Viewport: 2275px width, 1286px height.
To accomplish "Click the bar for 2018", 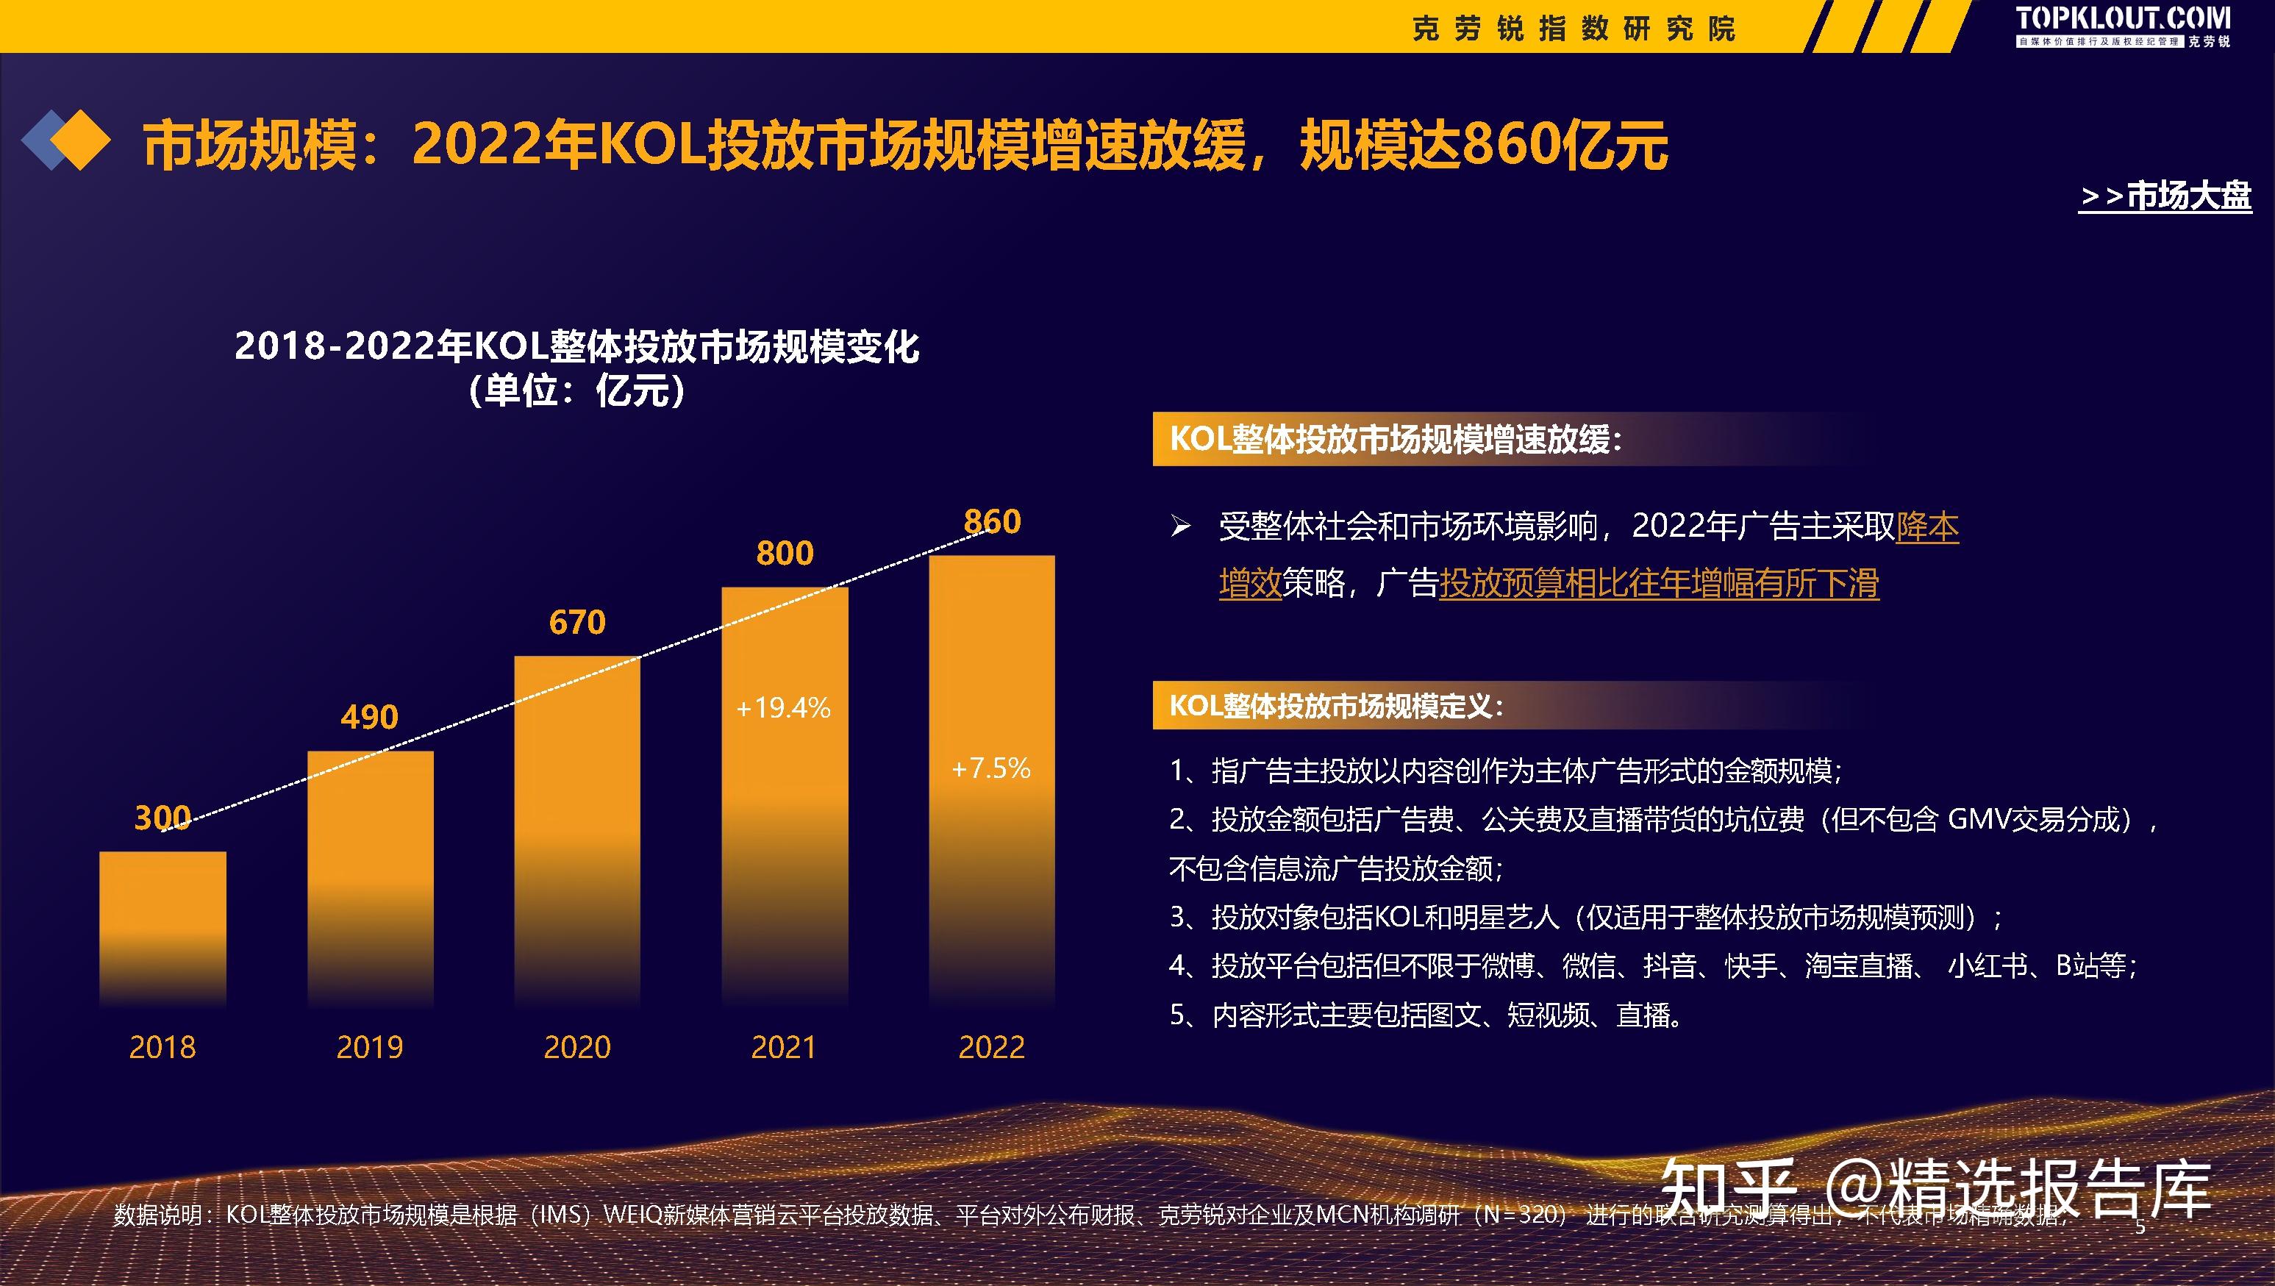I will pyautogui.click(x=162, y=927).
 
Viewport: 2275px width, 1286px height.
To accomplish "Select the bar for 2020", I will pyautogui.click(x=576, y=830).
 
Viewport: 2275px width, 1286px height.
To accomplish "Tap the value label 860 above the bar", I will pyautogui.click(x=992, y=522).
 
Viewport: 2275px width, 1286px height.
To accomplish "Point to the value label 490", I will pyautogui.click(x=369, y=716).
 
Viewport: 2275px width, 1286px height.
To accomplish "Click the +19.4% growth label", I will pyautogui.click(x=783, y=707).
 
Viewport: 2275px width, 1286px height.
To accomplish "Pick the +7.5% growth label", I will pyautogui.click(x=991, y=768).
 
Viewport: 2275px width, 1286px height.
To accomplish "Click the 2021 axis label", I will pyautogui.click(x=783, y=1048).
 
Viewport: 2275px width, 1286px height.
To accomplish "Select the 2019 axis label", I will pyautogui.click(x=369, y=1048).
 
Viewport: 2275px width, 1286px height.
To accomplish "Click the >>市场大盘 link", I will pyautogui.click(x=2165, y=196).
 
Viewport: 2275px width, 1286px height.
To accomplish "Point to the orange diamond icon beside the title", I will pyautogui.click(x=79, y=140).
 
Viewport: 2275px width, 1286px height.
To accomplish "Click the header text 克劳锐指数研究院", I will pyautogui.click(x=1574, y=29).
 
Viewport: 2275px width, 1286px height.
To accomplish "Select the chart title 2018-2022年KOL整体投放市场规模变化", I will pyautogui.click(x=576, y=346).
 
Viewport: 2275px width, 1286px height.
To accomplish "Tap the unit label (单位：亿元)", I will pyautogui.click(x=576, y=391).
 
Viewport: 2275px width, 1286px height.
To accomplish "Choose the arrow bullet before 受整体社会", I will pyautogui.click(x=1181, y=527).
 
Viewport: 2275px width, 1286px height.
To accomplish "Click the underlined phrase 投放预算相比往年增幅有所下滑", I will pyautogui.click(x=1659, y=584).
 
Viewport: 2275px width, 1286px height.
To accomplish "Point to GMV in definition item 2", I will pyautogui.click(x=1976, y=820).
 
